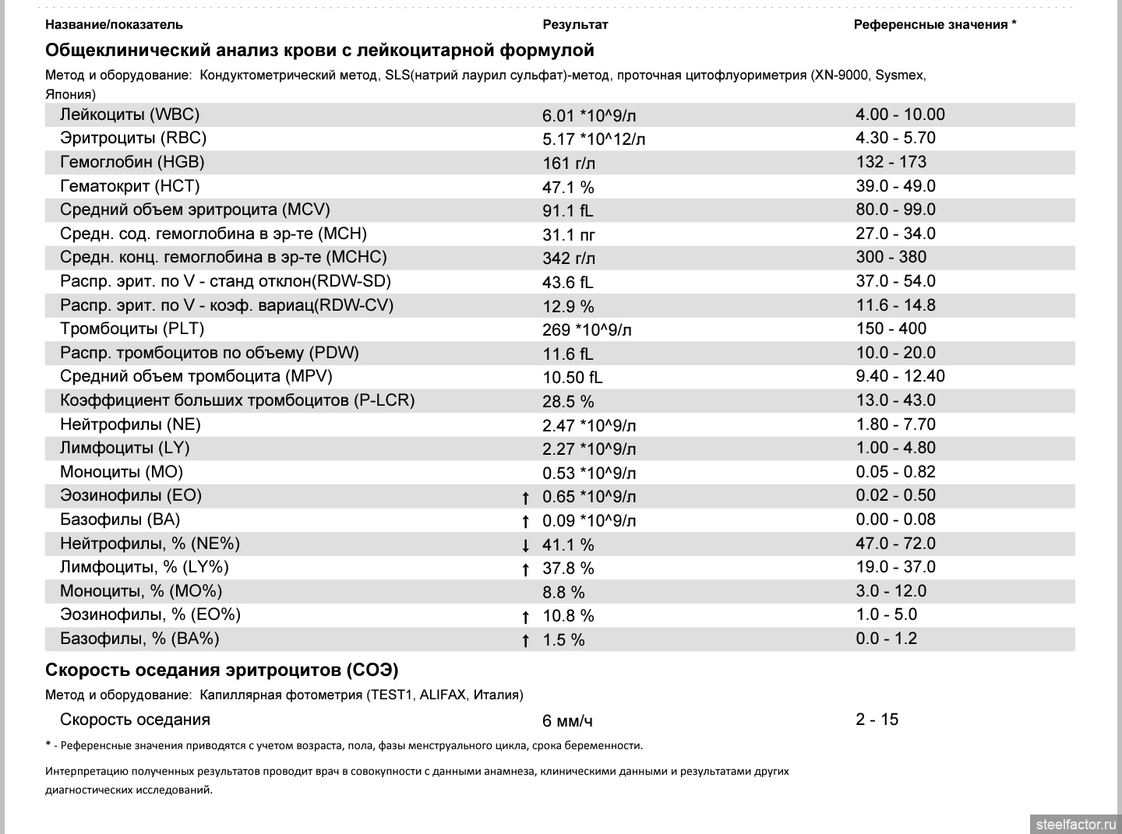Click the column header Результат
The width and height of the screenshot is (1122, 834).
click(x=575, y=24)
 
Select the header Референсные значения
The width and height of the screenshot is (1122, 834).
click(x=934, y=24)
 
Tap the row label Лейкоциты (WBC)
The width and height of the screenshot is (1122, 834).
click(x=129, y=114)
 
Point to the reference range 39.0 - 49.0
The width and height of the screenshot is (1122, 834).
click(x=895, y=186)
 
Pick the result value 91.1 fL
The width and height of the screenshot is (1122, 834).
click(x=567, y=211)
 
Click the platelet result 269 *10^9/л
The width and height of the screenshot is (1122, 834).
click(x=587, y=330)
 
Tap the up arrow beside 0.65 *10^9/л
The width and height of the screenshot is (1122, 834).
click(x=526, y=498)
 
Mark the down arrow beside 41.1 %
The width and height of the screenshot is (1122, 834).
click(x=526, y=545)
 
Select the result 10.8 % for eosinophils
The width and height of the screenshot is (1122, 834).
click(x=568, y=616)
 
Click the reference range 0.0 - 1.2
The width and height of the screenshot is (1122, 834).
click(x=886, y=639)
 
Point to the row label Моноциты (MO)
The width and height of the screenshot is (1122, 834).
click(x=122, y=472)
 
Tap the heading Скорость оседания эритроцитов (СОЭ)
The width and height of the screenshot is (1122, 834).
click(x=222, y=670)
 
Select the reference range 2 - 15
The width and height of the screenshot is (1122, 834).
click(x=877, y=720)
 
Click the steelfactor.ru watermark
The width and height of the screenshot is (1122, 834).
click(x=1075, y=824)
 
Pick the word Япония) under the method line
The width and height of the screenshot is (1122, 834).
click(x=70, y=94)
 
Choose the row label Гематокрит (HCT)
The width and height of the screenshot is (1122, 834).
click(x=129, y=186)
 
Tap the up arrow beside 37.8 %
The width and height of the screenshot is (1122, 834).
click(x=526, y=569)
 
